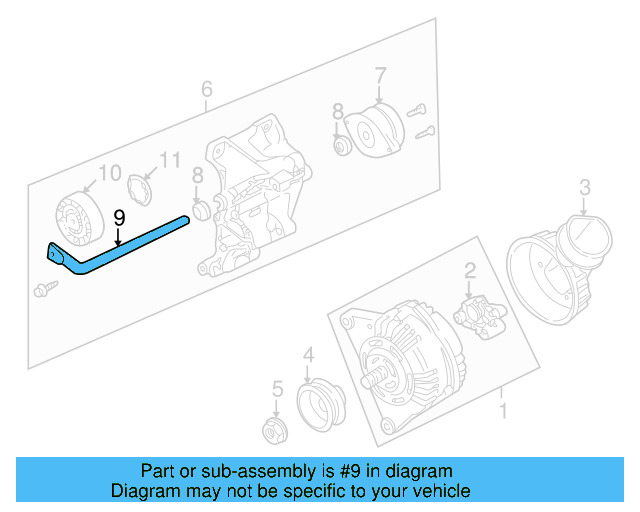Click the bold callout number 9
pyautogui.click(x=118, y=218)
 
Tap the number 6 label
pyautogui.click(x=206, y=90)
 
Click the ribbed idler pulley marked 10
pyautogui.click(x=76, y=216)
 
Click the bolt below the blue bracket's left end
pyautogui.click(x=44, y=289)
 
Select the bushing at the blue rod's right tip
pyautogui.click(x=199, y=211)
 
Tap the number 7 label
pyautogui.click(x=380, y=75)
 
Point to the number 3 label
pyautogui.click(x=586, y=186)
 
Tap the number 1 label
pyautogui.click(x=503, y=411)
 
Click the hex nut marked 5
pyautogui.click(x=273, y=430)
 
